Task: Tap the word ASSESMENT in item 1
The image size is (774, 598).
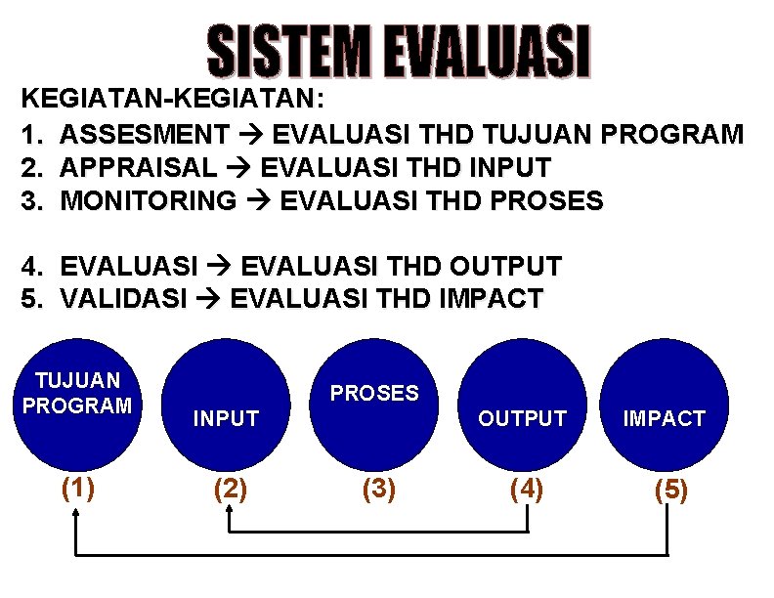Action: click(145, 133)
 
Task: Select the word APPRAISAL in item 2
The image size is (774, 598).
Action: click(140, 167)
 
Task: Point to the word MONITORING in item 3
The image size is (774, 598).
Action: click(149, 201)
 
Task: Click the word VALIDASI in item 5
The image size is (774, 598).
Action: click(123, 299)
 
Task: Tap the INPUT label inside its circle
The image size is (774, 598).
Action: click(226, 419)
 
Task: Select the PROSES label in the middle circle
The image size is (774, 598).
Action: click(374, 393)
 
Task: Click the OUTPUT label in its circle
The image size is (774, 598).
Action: click(522, 419)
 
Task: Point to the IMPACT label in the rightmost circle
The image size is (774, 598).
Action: click(665, 419)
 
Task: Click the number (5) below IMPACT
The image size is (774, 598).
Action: click(670, 490)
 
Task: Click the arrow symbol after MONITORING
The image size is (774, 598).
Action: click(258, 202)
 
